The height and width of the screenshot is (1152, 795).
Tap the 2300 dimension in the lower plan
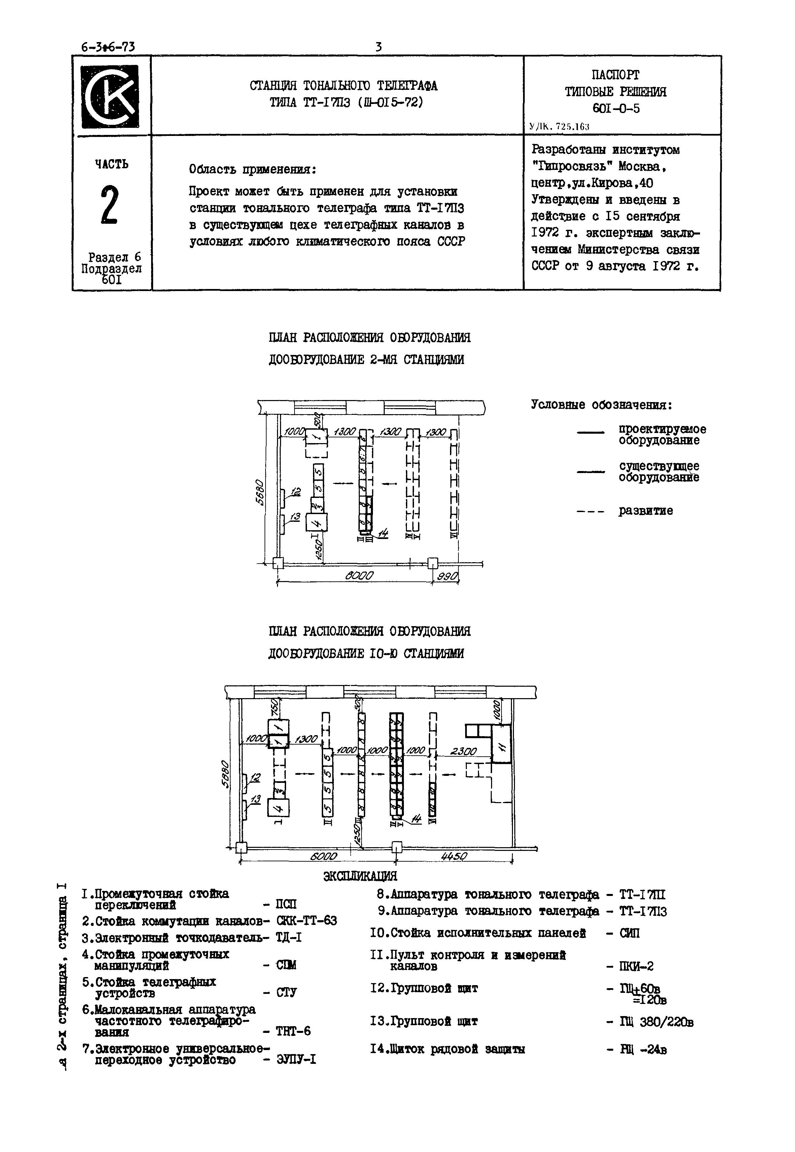463,751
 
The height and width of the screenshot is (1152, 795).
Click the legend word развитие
646,511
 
